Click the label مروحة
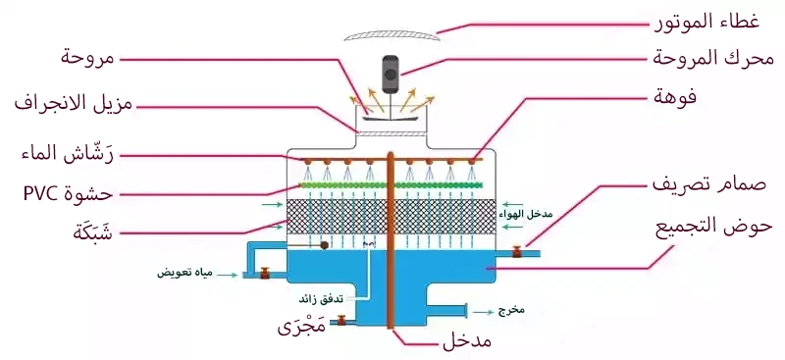tap(89, 58)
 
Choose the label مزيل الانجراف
tap(78, 103)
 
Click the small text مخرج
tap(511, 311)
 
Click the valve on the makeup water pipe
tap(264, 274)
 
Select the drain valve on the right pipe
tap(517, 254)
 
